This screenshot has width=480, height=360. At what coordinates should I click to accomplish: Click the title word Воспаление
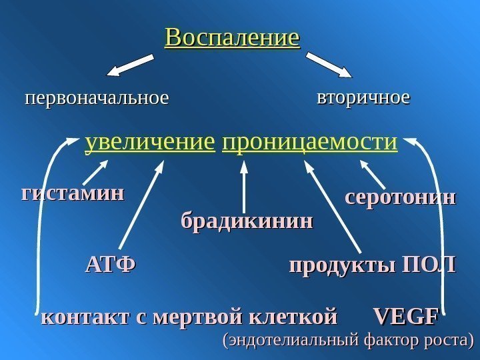(x=233, y=37)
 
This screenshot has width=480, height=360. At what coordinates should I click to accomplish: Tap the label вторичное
(x=363, y=98)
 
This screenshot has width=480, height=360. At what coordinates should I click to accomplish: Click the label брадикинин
(x=246, y=221)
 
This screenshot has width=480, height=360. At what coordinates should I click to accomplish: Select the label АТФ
(x=110, y=265)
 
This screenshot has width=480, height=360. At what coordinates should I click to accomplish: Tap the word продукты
(x=339, y=265)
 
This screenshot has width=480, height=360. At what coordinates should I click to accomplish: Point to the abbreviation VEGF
(x=405, y=315)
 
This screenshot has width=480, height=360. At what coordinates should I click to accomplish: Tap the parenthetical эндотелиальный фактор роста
(x=347, y=341)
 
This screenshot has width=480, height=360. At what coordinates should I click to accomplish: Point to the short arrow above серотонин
(x=372, y=176)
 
